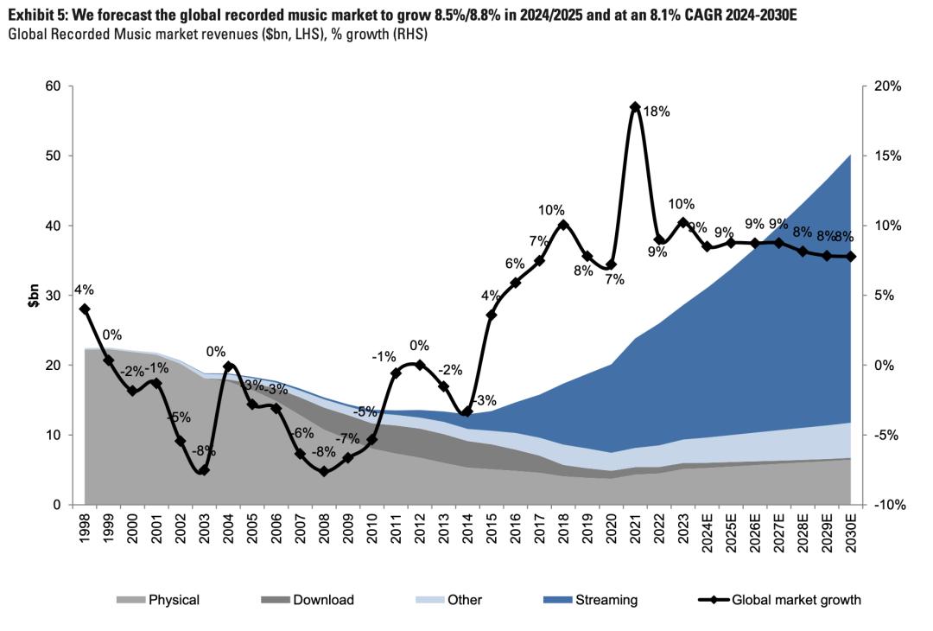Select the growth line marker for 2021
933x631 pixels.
coord(635,107)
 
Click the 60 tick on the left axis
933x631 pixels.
coord(53,86)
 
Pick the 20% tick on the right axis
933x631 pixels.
coord(887,86)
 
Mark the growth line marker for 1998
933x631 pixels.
coord(85,309)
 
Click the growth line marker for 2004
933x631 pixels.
coord(228,366)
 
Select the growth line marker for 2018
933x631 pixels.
coord(563,225)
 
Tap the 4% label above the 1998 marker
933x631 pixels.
coord(86,290)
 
